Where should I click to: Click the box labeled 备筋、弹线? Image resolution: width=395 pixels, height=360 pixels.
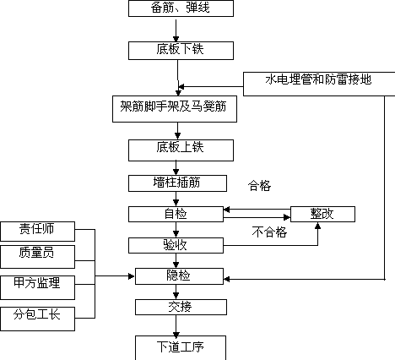181,8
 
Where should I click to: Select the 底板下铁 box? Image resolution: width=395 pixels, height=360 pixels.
181,51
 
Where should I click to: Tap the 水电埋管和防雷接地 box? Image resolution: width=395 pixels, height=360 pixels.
319,84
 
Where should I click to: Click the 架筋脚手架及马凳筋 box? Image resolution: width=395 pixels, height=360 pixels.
175,109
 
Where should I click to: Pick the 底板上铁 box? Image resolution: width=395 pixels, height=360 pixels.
181,150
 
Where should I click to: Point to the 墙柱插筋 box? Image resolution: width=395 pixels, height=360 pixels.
177,183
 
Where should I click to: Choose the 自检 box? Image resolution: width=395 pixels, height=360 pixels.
176,214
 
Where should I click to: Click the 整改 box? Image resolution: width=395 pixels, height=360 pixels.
322,214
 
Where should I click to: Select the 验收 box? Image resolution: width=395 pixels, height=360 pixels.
176,245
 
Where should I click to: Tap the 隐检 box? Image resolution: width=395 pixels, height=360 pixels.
179,276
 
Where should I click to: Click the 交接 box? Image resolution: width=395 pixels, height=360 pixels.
181,307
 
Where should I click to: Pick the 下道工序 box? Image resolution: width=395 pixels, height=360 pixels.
181,347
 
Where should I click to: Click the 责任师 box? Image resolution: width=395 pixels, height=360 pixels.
37,232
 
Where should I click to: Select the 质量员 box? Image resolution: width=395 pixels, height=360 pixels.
37,257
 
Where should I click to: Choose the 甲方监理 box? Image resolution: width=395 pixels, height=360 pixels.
37,287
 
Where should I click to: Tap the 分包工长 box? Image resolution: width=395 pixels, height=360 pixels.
37,319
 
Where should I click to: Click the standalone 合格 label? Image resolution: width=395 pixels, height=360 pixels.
259,186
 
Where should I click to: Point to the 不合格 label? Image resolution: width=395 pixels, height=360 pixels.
269,232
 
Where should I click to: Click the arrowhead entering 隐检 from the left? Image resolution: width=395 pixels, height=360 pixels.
132,276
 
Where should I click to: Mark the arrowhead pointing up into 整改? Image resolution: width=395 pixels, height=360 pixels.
317,226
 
